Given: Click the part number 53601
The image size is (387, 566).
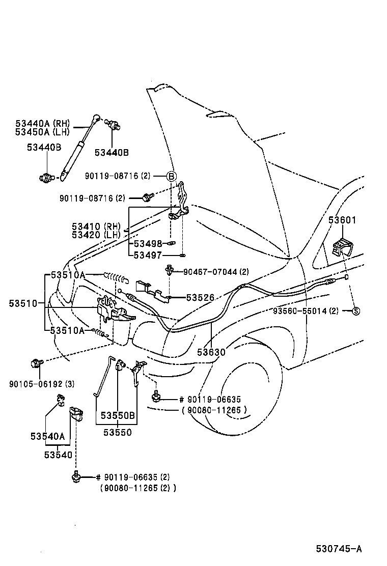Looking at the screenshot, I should tap(342, 220).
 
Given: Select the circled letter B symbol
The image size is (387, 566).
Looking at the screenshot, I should tap(172, 176).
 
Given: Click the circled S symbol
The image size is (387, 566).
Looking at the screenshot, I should tap(356, 311).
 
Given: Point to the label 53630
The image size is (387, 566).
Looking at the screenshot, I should tap(211, 352).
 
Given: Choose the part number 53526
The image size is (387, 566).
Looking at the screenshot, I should tap(200, 297).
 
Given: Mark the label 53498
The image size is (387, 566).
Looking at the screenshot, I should tap(148, 243).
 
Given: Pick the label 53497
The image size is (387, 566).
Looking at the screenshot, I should tap(148, 255).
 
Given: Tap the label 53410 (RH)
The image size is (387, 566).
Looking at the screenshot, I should tap(96, 226).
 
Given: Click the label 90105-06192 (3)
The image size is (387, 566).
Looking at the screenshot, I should tap(42, 383).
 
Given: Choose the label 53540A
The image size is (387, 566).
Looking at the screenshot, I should tap(47, 436).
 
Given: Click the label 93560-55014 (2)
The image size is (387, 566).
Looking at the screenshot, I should tap(306, 311).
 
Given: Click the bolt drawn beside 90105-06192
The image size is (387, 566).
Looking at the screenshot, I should tap(35, 364).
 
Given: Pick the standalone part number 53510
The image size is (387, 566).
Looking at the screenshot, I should tap(23, 303).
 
